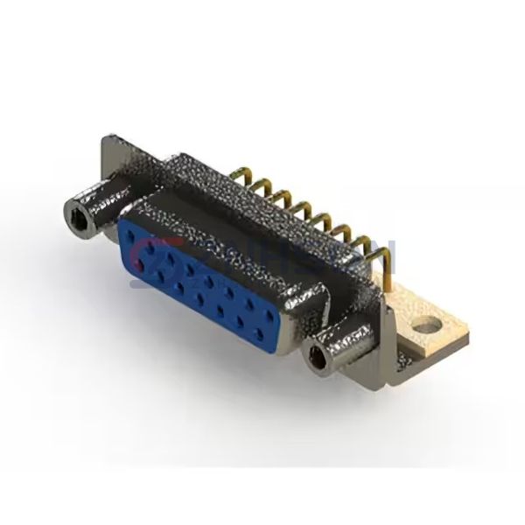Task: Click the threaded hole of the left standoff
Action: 76,209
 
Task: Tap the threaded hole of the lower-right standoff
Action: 316,356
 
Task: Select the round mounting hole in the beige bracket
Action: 427,331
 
